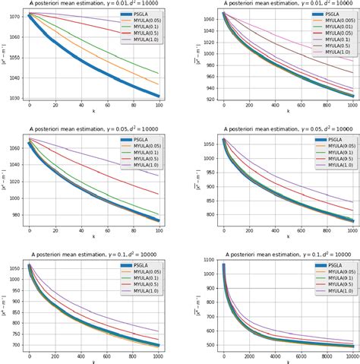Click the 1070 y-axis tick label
coord(15,14)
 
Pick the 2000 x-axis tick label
coord(249,356)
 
